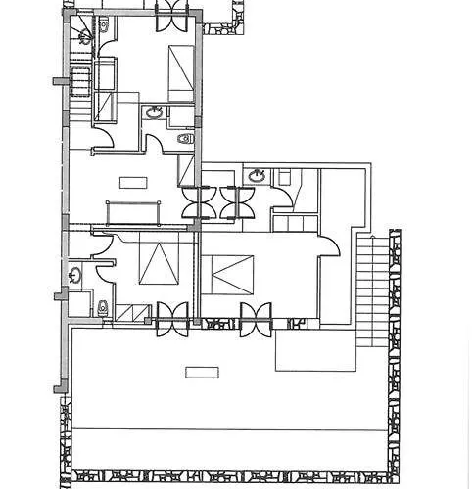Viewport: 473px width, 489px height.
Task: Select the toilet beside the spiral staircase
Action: [x=103, y=23]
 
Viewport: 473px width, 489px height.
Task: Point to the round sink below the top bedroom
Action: [x=154, y=113]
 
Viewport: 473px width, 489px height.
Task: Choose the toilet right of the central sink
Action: [x=185, y=139]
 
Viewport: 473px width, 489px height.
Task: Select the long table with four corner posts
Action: [x=133, y=210]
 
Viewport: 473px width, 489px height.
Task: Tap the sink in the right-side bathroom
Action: [x=258, y=176]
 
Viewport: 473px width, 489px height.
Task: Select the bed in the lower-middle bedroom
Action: [x=229, y=274]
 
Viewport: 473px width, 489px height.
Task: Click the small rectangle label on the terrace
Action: [x=202, y=371]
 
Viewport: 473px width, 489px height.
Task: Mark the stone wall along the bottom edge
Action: [x=235, y=477]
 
